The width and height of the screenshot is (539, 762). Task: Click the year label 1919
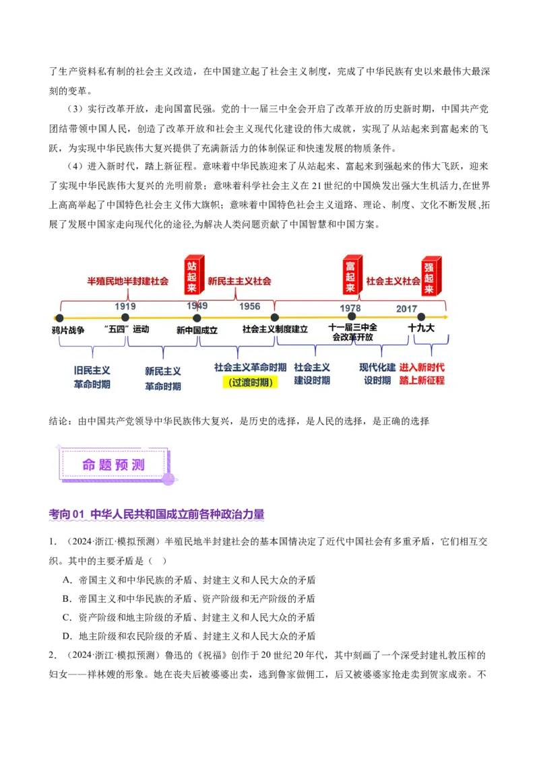pos(125,306)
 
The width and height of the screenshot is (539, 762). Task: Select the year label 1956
pos(249,306)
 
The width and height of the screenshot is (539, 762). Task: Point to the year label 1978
pos(350,308)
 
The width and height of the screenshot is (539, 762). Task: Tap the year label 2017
pos(406,309)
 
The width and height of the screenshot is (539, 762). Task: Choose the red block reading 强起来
pos(430,277)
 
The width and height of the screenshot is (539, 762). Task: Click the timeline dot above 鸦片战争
pos(59,318)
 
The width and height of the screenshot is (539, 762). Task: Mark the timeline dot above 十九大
pos(421,317)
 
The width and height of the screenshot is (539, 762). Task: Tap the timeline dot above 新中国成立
pos(197,318)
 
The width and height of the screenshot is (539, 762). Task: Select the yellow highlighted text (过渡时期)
pos(250,382)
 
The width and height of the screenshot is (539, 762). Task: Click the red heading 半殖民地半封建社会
pos(127,281)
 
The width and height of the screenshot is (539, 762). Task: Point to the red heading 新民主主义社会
pos(239,281)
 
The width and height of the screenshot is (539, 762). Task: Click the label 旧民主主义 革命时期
pos(92,377)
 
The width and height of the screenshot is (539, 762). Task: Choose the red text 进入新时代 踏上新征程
pos(422,374)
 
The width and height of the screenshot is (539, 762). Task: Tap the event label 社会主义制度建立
pos(275,329)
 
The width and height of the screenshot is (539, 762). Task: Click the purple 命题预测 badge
pos(113,464)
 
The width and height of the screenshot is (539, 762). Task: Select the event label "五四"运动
pos(127,329)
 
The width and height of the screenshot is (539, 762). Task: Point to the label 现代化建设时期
pos(377,374)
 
